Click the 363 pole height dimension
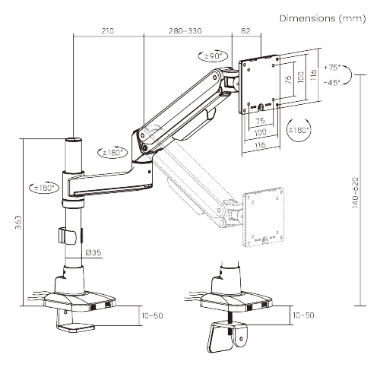pyautogui.click(x=17, y=222)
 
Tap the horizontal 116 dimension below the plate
pyautogui.click(x=260, y=145)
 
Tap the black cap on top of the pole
pyautogui.click(x=74, y=140)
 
